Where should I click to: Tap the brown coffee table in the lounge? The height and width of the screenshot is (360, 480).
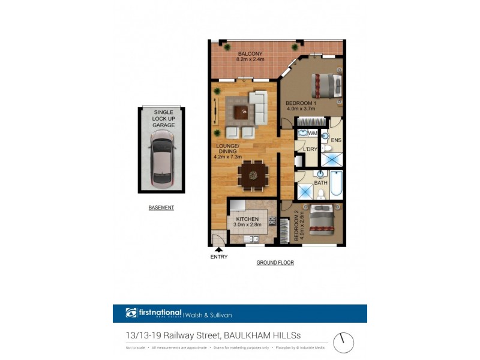pos(241,111)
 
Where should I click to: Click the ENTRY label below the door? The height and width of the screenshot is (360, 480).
pos(219,257)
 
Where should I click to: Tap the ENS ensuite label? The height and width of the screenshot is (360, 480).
pos(336,140)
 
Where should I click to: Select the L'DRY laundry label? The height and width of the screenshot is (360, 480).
pos(310,149)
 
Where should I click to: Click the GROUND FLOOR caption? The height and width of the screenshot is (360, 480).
pos(275,263)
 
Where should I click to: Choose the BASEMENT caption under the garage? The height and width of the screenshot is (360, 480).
pos(161,208)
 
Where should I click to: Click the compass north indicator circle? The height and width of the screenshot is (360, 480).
pos(343,343)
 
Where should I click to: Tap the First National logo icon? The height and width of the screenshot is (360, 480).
pos(131,313)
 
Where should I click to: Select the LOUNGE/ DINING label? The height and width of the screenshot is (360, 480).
pos(226,151)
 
